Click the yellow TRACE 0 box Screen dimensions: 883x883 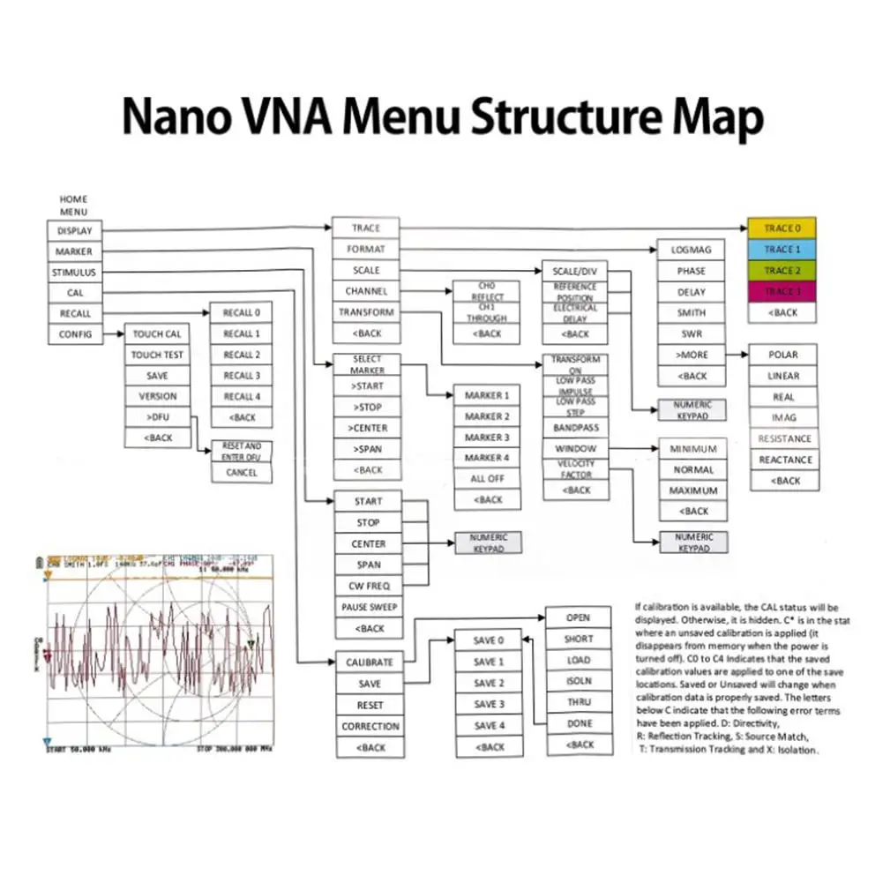[x=782, y=228]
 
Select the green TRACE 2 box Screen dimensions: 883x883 [x=782, y=271]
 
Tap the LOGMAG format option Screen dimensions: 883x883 [x=692, y=250]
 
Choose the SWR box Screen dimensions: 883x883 [x=692, y=334]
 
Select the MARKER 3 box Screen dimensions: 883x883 [x=487, y=438]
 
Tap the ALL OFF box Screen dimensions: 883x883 [x=487, y=479]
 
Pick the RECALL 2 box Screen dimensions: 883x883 [x=242, y=355]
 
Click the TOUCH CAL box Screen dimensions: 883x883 [x=157, y=334]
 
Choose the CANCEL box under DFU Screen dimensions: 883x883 [x=242, y=473]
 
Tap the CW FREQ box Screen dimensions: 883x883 [x=369, y=586]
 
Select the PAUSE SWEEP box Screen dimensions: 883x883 [x=369, y=607]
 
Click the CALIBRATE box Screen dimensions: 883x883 [x=370, y=662]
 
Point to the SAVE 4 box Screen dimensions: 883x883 [x=489, y=726]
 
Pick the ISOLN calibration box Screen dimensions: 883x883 [x=579, y=681]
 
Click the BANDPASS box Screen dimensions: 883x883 [x=576, y=428]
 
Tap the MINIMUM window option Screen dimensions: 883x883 [x=693, y=449]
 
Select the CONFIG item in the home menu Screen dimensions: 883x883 [x=75, y=334]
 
